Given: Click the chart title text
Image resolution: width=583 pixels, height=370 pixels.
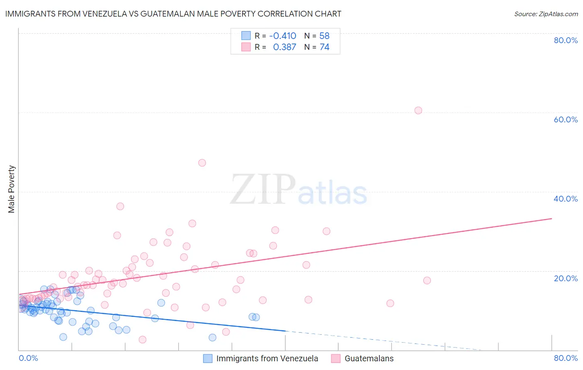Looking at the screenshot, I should [173, 14].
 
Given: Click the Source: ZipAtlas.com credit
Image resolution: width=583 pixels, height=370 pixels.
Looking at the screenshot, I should [546, 14].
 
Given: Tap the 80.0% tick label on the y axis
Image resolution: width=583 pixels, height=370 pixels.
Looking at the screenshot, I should [566, 40].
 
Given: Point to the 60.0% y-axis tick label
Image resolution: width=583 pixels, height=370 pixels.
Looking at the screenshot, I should [566, 119].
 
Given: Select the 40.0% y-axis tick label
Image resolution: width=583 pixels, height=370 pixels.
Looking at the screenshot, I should [566, 199].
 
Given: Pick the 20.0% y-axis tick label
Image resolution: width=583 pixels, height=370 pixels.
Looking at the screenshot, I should [566, 278].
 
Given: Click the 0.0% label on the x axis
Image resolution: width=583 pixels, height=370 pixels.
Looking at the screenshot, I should [29, 358].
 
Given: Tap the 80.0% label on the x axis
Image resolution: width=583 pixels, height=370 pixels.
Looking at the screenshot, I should [566, 358].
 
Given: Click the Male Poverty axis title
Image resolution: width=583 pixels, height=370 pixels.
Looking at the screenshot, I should [12, 189].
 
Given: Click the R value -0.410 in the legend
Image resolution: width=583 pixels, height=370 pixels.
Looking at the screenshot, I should [282, 36].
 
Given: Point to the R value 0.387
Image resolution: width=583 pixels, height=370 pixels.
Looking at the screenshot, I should [284, 47].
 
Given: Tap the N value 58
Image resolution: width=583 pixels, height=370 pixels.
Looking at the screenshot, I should [324, 36].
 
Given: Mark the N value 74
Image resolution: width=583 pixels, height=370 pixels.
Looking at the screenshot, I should [324, 47].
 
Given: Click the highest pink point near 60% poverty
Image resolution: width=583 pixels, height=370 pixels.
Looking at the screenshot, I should [418, 110].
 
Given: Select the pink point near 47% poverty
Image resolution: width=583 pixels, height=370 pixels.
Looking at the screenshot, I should [202, 163].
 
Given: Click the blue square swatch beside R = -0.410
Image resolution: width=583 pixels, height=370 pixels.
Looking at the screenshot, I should [246, 36].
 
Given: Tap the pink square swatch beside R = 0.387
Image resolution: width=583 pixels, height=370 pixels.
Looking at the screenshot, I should [246, 47].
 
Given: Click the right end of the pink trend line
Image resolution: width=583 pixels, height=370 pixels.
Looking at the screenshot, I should [551, 218].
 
